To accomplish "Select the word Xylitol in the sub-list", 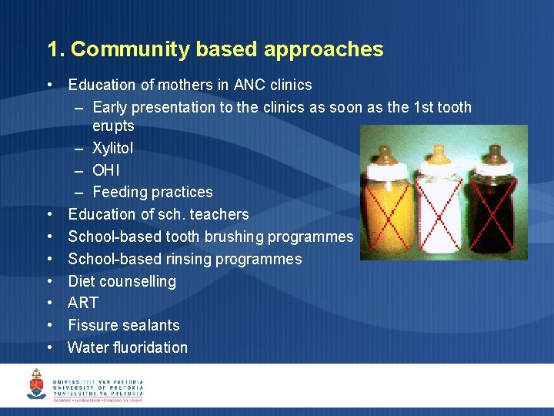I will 112,148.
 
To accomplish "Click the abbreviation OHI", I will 106,169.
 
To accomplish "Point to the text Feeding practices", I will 152,192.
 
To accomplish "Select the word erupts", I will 113,126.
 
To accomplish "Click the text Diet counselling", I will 122,281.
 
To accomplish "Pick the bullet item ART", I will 83,303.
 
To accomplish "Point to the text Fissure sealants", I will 124,325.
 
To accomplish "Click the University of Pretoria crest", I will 36,384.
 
